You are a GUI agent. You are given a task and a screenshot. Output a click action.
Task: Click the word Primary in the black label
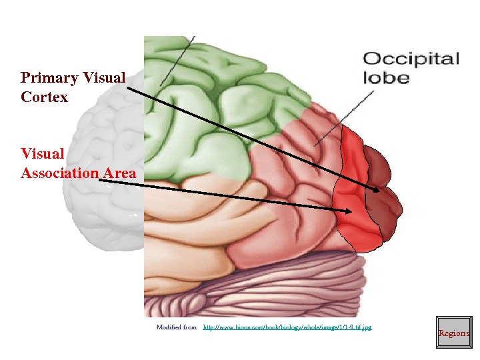point(49,78)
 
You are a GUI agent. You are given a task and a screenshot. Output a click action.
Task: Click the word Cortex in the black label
point(44,97)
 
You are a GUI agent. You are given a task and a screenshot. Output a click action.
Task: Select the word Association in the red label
point(59,173)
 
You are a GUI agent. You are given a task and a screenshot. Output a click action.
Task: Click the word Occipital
point(411,59)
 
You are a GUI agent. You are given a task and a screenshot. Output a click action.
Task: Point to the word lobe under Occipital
point(386,77)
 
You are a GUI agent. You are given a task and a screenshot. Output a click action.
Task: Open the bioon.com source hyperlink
point(287,327)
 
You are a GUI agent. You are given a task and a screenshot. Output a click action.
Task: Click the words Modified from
point(177,327)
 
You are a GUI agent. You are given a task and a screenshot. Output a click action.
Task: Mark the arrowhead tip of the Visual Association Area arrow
point(351,211)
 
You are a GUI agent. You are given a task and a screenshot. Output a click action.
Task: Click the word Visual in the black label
point(106,78)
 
